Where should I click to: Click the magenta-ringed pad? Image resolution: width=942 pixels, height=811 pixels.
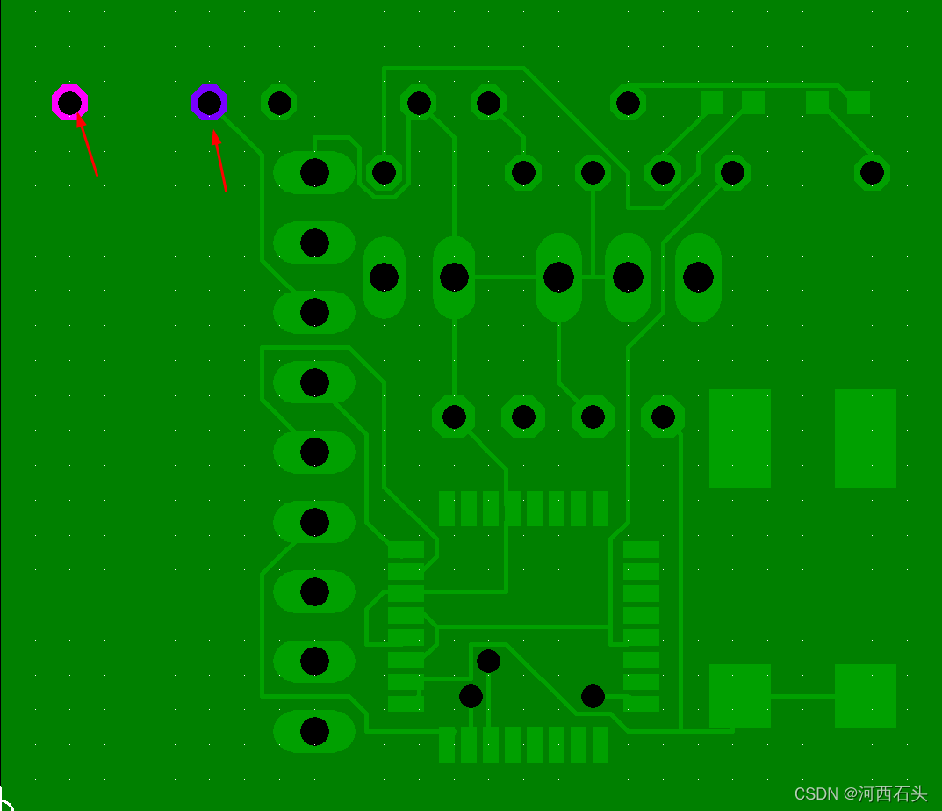coord(69,103)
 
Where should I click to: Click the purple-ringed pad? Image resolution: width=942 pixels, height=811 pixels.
coord(209,103)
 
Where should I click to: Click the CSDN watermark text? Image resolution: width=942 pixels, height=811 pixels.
coord(860,793)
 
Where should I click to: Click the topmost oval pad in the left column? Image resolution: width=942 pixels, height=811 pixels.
coord(314,172)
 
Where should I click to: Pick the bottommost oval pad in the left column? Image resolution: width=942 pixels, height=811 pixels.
coord(314,731)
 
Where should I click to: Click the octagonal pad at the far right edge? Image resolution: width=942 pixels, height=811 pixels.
coord(872,172)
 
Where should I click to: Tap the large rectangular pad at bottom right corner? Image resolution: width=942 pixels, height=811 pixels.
coord(865,696)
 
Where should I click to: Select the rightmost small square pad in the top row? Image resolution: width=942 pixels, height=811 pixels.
coord(859,103)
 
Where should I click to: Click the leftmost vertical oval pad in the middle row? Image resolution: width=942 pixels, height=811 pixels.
coord(384,277)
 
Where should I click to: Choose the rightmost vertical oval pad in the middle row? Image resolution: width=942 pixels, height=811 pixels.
coord(698,277)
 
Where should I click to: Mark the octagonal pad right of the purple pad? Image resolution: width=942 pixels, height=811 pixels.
coord(279,103)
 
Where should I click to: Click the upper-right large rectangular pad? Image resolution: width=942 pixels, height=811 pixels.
coord(865,438)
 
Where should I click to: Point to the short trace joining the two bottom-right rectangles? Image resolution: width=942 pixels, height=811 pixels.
coord(802,696)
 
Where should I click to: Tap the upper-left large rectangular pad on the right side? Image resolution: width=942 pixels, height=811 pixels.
coord(739,438)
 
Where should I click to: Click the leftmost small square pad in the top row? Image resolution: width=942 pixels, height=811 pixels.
coord(712,103)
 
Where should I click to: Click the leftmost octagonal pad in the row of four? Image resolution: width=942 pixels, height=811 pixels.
coord(454,416)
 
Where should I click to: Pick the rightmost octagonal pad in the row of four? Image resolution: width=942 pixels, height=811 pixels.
coord(663,416)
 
